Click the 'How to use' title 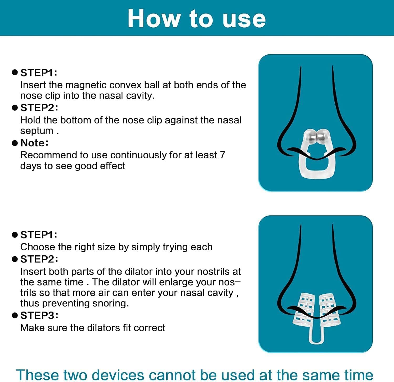pyautogui.click(x=196, y=18)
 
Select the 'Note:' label pyautogui.click(x=34, y=143)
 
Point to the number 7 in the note pyautogui.click(x=222, y=155)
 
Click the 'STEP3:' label pyautogui.click(x=39, y=315)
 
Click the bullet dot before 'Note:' pyautogui.click(x=15, y=143)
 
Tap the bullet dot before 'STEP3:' pyautogui.click(x=15, y=315)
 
